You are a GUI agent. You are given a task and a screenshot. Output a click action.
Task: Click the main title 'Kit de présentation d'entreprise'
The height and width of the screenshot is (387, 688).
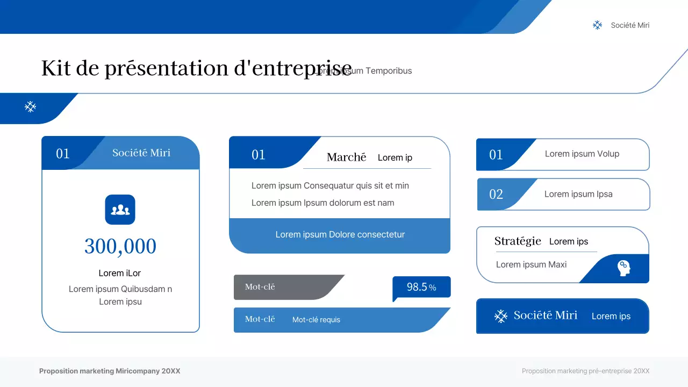pyautogui.click(x=196, y=69)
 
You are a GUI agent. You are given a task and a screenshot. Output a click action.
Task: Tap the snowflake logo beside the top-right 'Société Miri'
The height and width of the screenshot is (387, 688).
pyautogui.click(x=597, y=25)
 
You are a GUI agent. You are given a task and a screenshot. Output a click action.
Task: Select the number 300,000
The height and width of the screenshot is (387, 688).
pyautogui.click(x=120, y=247)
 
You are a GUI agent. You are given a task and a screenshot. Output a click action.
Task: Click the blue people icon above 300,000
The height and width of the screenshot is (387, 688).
pyautogui.click(x=120, y=210)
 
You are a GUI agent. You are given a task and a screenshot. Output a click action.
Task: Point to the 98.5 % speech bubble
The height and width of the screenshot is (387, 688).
pyautogui.click(x=421, y=287)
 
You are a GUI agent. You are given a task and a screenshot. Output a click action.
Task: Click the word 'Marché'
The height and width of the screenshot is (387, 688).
pyautogui.click(x=346, y=157)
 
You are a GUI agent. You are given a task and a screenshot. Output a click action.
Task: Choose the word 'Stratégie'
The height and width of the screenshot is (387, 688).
pyautogui.click(x=518, y=241)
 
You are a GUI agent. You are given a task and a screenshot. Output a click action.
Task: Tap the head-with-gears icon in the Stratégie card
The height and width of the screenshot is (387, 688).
pyautogui.click(x=623, y=267)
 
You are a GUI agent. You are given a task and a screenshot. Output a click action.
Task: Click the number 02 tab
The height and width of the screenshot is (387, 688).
pyautogui.click(x=496, y=194)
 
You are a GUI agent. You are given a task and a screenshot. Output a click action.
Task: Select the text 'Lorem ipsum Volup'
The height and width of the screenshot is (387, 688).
pyautogui.click(x=582, y=154)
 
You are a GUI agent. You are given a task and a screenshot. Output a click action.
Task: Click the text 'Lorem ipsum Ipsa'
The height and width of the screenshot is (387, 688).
pyautogui.click(x=578, y=194)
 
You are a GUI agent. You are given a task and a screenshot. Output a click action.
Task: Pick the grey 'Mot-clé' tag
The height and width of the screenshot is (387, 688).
pyautogui.click(x=260, y=287)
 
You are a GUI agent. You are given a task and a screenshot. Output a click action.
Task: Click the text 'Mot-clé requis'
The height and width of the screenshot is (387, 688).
pyautogui.click(x=316, y=320)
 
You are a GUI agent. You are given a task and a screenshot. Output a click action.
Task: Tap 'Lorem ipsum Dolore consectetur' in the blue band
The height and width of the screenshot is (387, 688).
pyautogui.click(x=340, y=234)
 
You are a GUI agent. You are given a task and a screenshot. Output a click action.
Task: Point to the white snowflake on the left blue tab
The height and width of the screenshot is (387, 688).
pyautogui.click(x=31, y=107)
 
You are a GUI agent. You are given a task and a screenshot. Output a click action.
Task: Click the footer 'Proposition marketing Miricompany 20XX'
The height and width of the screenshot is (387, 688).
pyautogui.click(x=110, y=371)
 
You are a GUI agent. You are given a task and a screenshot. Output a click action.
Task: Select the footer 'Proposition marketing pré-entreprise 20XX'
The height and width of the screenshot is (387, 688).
pyautogui.click(x=585, y=371)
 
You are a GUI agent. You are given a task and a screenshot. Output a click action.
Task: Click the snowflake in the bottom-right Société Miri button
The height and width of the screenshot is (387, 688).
pyautogui.click(x=501, y=316)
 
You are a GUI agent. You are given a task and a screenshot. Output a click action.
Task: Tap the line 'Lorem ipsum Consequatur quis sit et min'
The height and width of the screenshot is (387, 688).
pyautogui.click(x=330, y=185)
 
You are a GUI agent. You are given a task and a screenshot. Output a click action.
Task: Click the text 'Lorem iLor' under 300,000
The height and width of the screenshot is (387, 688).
pyautogui.click(x=120, y=273)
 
